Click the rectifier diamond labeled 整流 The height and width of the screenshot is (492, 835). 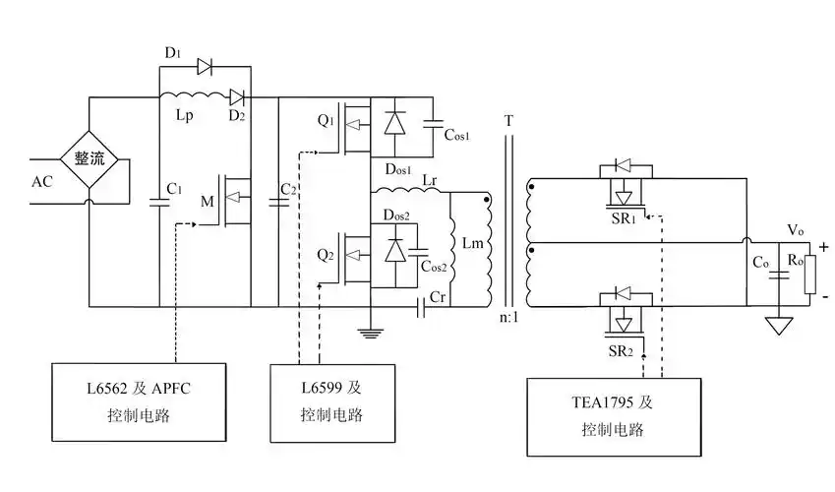(89, 158)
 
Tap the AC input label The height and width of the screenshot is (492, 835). (42, 182)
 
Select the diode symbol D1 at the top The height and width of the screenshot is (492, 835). (205, 67)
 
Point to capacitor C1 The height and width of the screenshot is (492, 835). (159, 201)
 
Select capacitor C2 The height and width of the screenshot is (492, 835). (279, 201)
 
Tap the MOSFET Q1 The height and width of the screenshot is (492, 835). (354, 128)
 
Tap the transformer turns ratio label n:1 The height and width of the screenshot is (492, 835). (509, 318)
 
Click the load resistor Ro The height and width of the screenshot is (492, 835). (808, 277)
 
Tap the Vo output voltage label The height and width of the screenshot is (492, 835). (796, 230)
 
